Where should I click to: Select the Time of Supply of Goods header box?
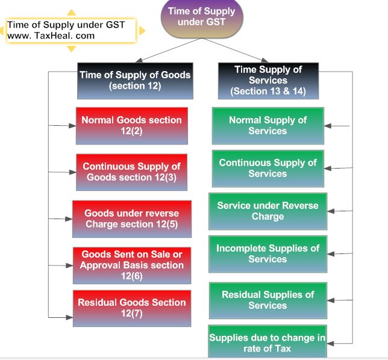tap(135, 81)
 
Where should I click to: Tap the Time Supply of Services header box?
tap(268, 81)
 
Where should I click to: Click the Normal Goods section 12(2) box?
tap(131, 125)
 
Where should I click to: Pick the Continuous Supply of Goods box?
tap(131, 172)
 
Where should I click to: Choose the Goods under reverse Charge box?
tap(131, 219)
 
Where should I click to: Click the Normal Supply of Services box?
tap(268, 126)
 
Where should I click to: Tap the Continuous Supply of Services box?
tap(268, 169)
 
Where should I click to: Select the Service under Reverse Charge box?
tap(268, 211)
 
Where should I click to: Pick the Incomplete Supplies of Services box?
tap(268, 254)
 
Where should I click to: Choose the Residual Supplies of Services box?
tap(268, 300)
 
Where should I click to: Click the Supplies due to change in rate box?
tap(267, 343)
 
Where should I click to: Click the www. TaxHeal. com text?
tap(51, 36)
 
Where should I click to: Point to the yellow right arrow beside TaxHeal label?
tap(142, 30)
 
